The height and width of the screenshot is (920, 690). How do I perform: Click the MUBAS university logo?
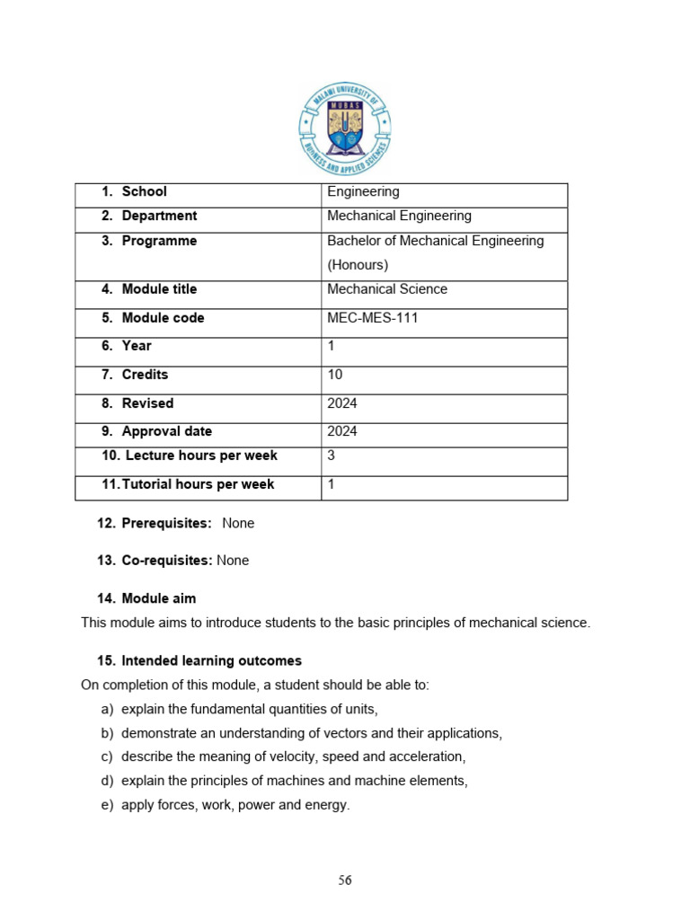click(345, 129)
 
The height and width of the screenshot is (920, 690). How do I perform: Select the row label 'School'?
click(144, 191)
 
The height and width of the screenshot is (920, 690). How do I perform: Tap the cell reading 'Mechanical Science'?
click(387, 289)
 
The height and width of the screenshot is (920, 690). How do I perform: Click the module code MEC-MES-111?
click(373, 318)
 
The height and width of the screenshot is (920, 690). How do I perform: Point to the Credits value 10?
click(335, 375)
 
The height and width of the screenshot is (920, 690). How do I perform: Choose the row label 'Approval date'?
click(166, 431)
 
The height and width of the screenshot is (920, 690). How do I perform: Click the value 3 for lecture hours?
click(332, 456)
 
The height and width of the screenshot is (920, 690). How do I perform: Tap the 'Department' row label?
click(159, 216)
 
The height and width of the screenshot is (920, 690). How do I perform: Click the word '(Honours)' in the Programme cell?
click(358, 265)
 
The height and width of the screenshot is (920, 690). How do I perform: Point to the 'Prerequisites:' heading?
click(166, 523)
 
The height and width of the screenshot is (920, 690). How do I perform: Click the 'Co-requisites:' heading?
click(167, 561)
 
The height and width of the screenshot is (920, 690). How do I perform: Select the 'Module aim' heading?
click(158, 598)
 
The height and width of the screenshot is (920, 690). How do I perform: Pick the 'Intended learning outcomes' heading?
click(211, 660)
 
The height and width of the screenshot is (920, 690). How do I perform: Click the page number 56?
click(345, 880)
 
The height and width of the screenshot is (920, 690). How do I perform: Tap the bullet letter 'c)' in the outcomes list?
click(108, 757)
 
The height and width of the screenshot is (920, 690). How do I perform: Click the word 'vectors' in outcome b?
click(323, 733)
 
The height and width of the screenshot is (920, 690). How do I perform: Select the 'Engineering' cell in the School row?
click(364, 191)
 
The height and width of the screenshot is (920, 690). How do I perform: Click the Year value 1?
click(332, 346)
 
